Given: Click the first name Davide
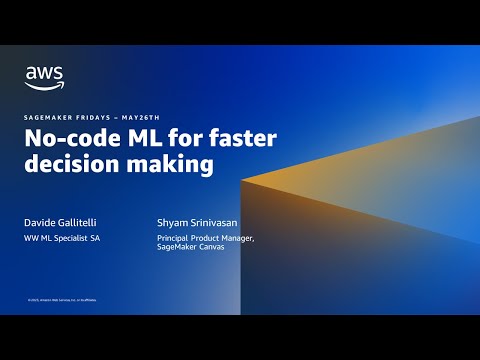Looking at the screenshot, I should click(42, 221).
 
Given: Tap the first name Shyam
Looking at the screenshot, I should click(175, 221).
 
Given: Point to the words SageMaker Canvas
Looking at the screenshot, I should click(190, 248).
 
